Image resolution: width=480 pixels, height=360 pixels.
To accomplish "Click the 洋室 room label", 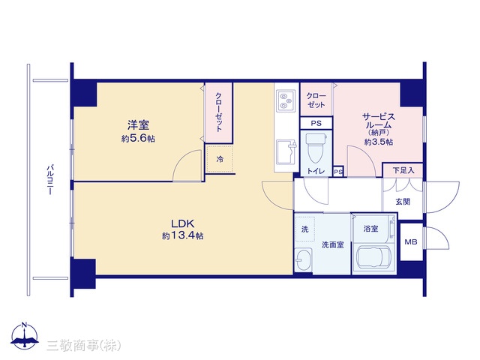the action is [138, 125].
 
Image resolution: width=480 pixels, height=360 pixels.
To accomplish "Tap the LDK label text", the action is [183, 223].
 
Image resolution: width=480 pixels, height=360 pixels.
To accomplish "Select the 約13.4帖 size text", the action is [183, 235].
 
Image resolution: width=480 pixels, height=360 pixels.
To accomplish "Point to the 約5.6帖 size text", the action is [138, 139].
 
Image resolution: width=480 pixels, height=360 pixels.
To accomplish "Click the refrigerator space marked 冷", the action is [220, 159].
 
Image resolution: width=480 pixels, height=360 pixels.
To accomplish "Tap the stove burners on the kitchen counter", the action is [286, 100].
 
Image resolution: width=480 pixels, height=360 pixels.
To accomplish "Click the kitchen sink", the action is [286, 152].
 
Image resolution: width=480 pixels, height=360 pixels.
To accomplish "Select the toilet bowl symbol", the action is [316, 148].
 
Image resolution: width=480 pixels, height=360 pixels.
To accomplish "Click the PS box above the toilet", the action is [316, 123].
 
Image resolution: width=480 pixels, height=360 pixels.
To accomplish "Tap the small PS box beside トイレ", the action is [338, 172].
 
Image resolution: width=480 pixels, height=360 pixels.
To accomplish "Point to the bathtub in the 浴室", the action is [373, 258].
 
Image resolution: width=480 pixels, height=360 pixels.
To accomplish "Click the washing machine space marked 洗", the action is [305, 229].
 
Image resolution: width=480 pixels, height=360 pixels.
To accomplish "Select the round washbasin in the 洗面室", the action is [304, 259].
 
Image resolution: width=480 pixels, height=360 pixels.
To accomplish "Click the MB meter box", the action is [411, 241].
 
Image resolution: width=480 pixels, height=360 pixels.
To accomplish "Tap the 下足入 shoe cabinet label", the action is [403, 170].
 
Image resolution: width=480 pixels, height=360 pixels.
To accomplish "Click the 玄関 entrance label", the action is [403, 202].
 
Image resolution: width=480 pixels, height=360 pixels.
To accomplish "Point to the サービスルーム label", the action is [379, 121].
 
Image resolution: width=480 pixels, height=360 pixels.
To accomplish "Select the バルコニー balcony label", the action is [50, 180].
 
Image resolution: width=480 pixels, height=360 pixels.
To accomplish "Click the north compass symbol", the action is [25, 336].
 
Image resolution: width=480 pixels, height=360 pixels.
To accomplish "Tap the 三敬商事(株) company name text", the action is [83, 345].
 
